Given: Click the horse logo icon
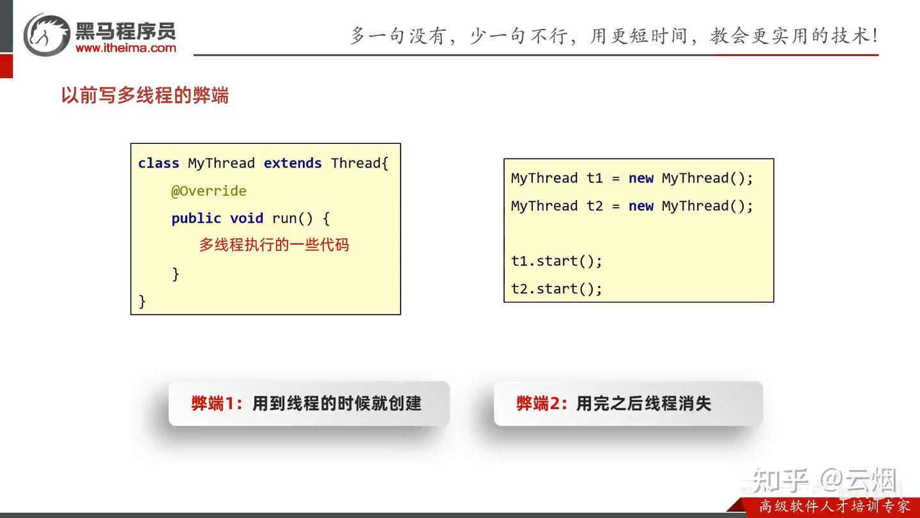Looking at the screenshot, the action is point(46,35).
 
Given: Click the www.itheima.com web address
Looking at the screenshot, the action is point(126,48).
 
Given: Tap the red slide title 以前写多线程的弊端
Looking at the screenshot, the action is point(145,95).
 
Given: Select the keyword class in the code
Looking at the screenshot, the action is point(158,163).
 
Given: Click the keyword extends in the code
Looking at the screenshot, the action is point(293,163).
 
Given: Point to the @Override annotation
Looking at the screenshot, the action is point(209,191).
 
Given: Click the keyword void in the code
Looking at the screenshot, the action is point(247,218).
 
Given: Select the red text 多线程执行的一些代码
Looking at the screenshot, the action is point(274,244).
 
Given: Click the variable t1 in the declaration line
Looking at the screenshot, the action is point(595,178).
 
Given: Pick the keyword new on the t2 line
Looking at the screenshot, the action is point(641,205).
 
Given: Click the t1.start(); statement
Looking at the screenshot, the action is point(556,261).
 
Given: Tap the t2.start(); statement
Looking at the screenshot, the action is point(556,288).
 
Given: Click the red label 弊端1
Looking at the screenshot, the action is point(213,404).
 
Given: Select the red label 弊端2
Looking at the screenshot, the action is point(539,404).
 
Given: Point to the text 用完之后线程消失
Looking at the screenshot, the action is point(643,404).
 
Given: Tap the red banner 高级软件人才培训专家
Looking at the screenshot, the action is point(834,506).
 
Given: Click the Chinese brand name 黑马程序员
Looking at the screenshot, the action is point(126,31).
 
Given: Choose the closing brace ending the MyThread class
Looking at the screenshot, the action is point(142,301).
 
